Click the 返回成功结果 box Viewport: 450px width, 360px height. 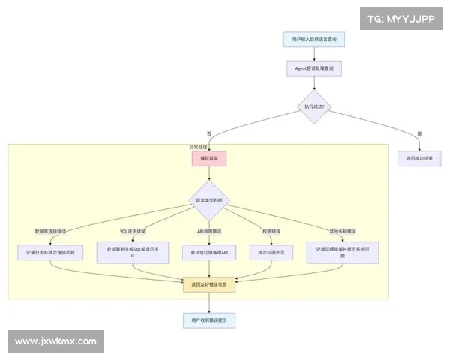(x=419, y=159)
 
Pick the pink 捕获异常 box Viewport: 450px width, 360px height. (x=209, y=159)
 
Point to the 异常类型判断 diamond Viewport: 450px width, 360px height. (x=209, y=200)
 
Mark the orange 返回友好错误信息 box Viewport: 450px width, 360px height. (x=209, y=285)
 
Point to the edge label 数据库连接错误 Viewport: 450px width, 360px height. (x=49, y=230)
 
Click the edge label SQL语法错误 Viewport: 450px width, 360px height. (x=133, y=230)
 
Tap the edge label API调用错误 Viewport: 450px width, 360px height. (x=209, y=230)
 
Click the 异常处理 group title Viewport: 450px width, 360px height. (x=198, y=147)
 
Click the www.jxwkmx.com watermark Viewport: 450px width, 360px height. (x=56, y=341)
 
